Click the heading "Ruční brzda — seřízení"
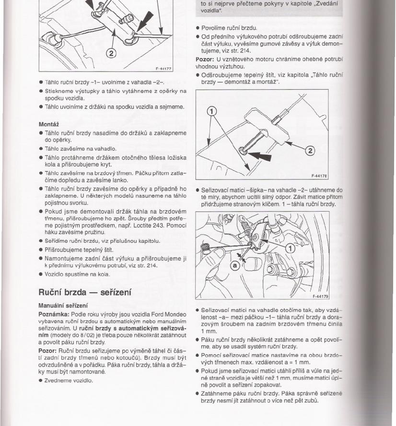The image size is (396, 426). pyautogui.click(x=85, y=292)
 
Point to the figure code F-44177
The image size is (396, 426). pyautogui.click(x=163, y=69)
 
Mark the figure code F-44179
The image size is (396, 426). pyautogui.click(x=319, y=296)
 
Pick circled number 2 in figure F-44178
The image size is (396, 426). pyautogui.click(x=310, y=151)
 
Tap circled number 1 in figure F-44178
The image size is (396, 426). pyautogui.click(x=211, y=114)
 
